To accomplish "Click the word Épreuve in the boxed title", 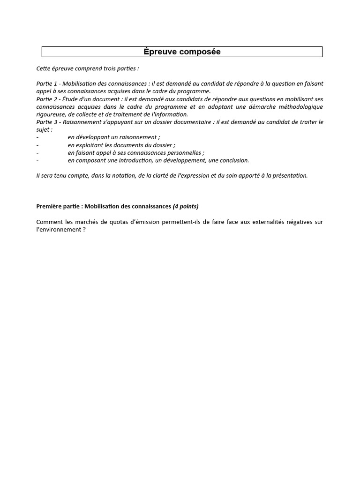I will coord(160,52).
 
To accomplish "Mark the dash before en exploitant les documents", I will coord(37,145).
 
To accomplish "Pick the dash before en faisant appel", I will coord(37,153).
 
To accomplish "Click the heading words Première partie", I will coord(59,206).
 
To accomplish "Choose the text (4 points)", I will coord(186,206).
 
